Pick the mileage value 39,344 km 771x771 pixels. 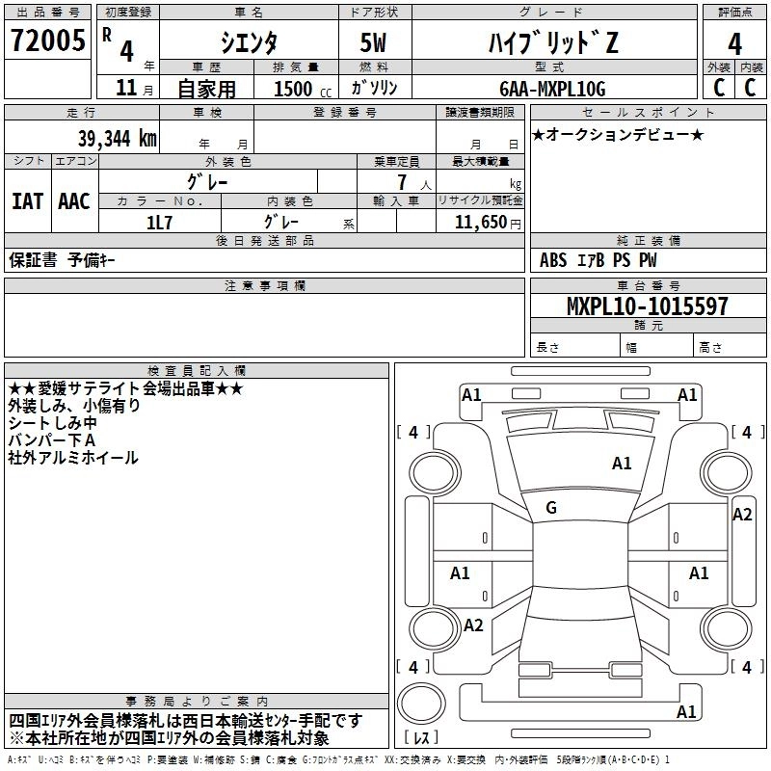104,137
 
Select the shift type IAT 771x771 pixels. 27,201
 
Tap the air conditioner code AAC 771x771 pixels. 74,201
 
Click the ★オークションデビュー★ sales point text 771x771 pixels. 618,134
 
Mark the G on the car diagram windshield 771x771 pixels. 551,508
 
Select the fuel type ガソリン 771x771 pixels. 374,88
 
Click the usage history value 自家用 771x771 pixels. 206,88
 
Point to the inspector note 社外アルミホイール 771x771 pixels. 73,458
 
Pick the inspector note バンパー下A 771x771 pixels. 53,440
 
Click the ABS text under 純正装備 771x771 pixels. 553,259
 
